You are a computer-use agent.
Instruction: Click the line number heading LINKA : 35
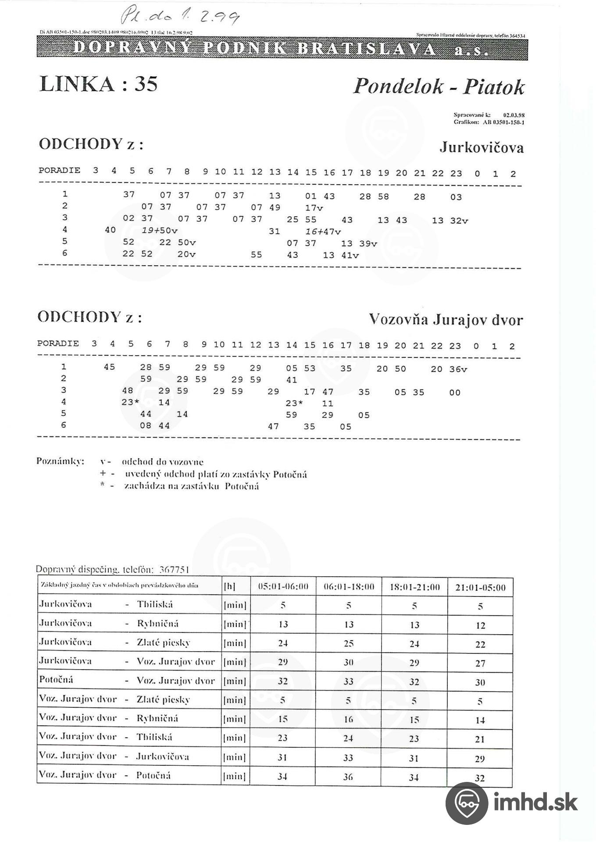(x=98, y=83)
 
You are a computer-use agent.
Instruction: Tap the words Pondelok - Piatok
(x=439, y=86)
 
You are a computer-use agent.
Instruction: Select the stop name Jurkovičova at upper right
(x=482, y=147)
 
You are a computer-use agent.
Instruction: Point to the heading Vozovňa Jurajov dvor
(x=446, y=320)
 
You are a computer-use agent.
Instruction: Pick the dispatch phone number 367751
(x=174, y=570)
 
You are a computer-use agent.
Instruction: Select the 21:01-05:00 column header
(x=480, y=587)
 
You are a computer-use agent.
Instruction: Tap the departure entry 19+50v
(x=159, y=230)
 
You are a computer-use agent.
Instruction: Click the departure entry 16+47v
(x=323, y=231)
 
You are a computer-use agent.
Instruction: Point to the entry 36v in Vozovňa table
(x=458, y=369)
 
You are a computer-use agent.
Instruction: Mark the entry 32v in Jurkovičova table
(x=459, y=221)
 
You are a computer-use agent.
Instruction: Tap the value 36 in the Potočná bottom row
(x=348, y=777)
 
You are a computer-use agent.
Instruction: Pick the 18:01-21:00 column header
(x=414, y=587)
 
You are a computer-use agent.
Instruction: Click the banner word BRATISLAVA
(x=366, y=49)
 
